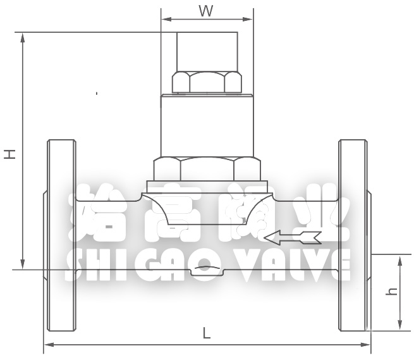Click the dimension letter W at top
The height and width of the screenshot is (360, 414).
tap(206, 11)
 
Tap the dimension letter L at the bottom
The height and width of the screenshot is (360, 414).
tap(207, 333)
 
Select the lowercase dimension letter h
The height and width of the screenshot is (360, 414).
tap(392, 292)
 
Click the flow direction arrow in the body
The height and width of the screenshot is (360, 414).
tap(293, 238)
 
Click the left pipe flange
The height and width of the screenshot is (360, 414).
tap(61, 235)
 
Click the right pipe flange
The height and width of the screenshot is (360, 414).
tap(353, 235)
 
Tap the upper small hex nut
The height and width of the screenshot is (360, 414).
tap(207, 82)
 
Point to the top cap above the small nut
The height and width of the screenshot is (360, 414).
tap(207, 51)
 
